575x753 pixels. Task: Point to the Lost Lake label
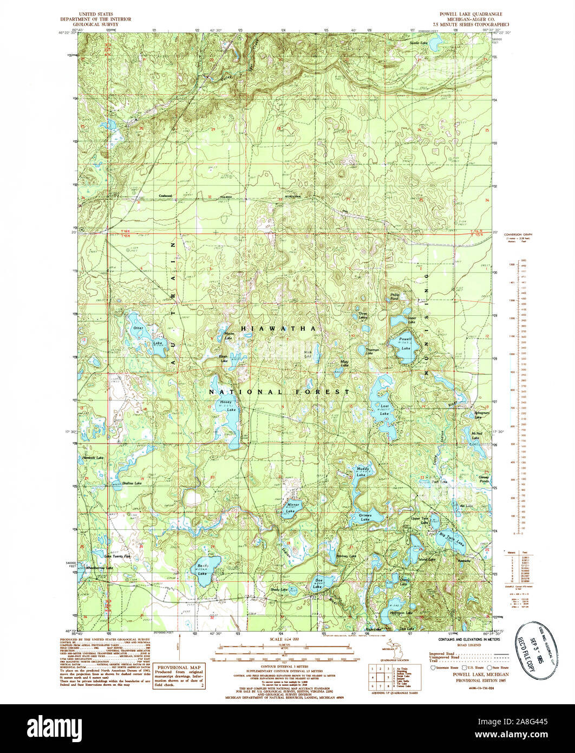[x=384, y=410]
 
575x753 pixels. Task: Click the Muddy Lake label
[x=362, y=471]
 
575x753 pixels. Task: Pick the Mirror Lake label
[x=291, y=508]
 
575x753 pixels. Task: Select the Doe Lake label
[x=318, y=584]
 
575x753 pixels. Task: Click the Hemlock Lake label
[x=92, y=458]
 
